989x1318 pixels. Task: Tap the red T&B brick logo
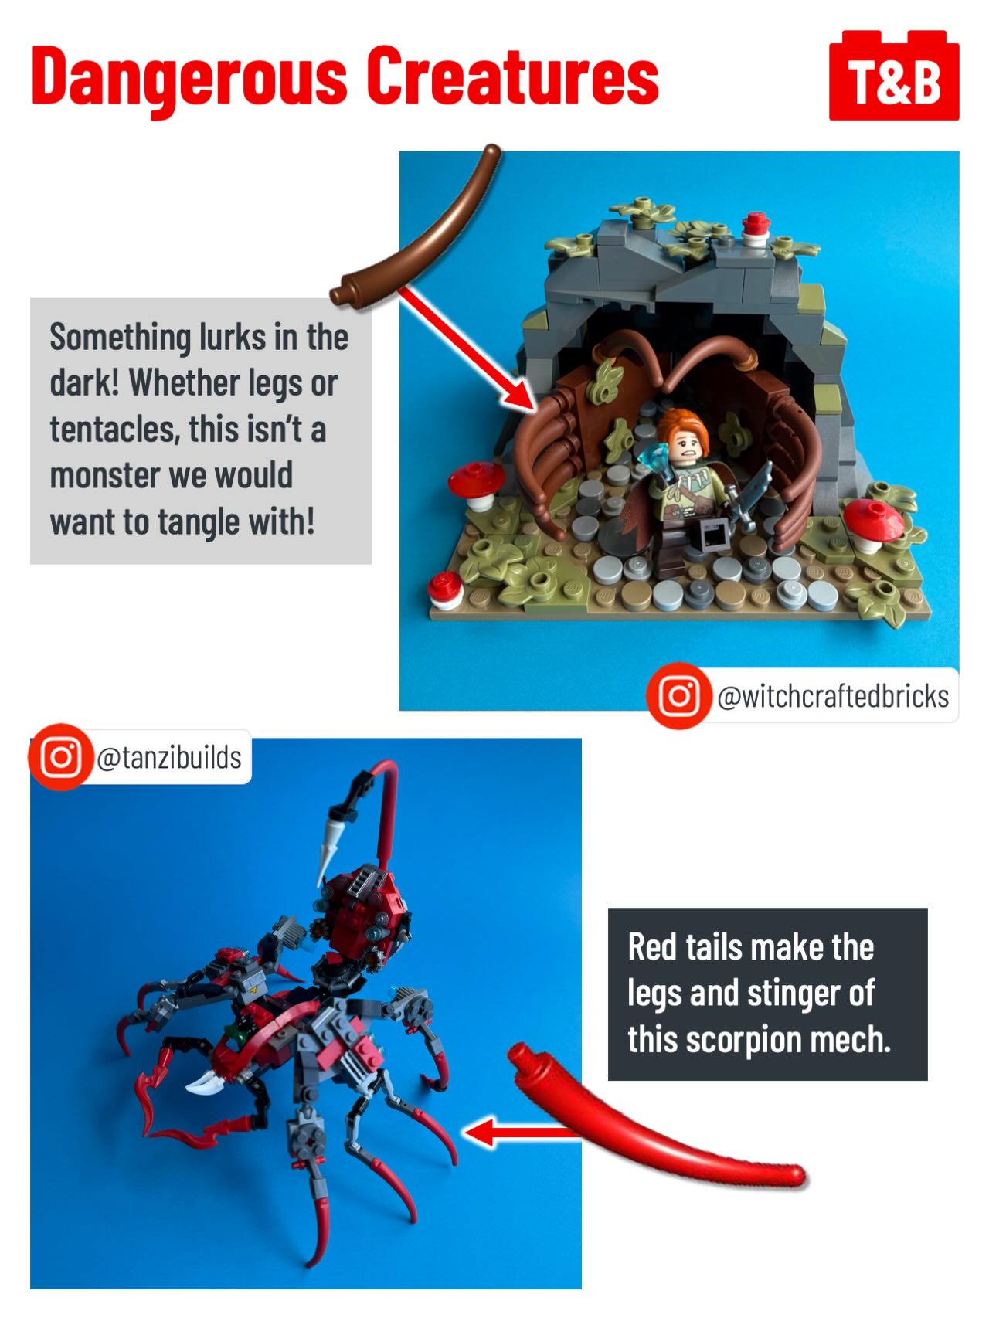click(894, 76)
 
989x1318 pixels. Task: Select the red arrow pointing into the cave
click(467, 347)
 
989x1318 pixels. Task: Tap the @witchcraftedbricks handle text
click(833, 696)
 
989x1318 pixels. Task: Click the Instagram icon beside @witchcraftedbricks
click(678, 695)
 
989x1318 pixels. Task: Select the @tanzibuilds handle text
click(169, 758)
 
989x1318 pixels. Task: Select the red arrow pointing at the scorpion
click(522, 1133)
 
